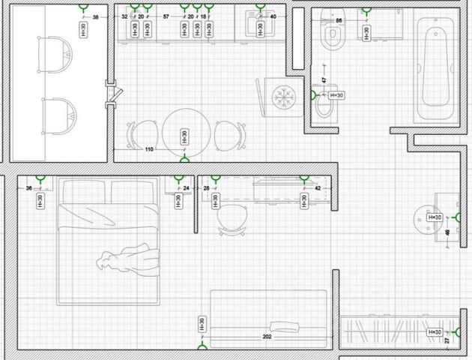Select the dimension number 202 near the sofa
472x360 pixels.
[267, 337]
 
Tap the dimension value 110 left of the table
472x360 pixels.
[149, 150]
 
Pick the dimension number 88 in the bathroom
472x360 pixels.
[339, 20]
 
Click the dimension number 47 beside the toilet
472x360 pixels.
[324, 79]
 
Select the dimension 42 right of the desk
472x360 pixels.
[318, 188]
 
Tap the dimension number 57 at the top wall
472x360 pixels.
[166, 16]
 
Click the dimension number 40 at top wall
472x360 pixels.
[273, 16]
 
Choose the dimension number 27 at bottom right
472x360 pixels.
[447, 341]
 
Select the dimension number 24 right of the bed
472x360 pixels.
[187, 188]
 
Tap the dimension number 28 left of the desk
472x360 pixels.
[207, 188]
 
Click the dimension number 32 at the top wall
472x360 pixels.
[125, 16]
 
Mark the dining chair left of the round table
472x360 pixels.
[139, 135]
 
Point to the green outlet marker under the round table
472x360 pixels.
[185, 158]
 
